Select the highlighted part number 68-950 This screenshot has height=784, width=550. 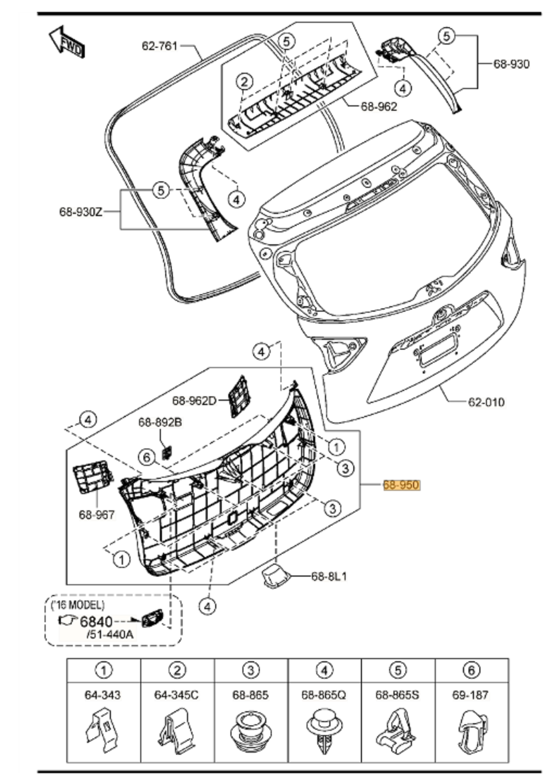[401, 485]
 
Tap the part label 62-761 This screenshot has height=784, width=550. [160, 46]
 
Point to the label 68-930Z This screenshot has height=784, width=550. [80, 211]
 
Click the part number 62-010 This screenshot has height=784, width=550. [486, 402]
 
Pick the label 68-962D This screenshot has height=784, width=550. [194, 401]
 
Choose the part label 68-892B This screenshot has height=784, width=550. [160, 422]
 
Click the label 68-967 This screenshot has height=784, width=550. [97, 515]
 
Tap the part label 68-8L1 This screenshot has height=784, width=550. [329, 576]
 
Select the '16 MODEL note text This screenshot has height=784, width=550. [77, 605]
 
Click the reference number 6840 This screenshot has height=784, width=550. [96, 622]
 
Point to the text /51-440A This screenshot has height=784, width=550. [110, 634]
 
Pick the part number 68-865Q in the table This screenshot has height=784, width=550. [324, 694]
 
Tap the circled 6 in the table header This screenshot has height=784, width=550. [471, 671]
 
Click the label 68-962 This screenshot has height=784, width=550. [379, 106]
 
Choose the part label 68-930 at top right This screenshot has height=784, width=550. [511, 64]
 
